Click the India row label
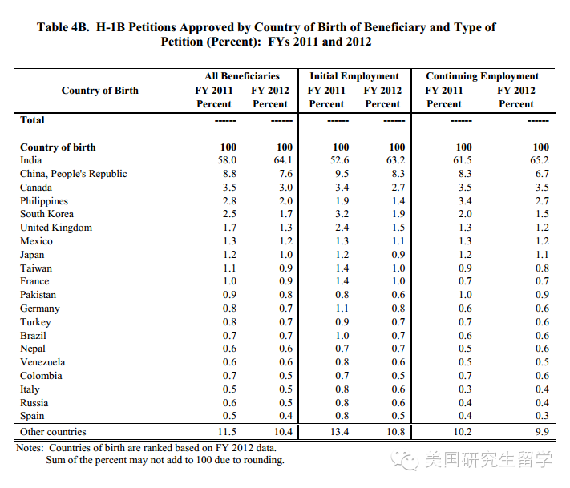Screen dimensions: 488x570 pos(31,160)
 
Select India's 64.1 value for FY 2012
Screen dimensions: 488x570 pos(282,160)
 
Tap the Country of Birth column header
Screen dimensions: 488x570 pos(100,91)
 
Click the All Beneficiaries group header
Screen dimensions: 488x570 pos(242,76)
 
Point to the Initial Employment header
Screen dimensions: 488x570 pos(354,76)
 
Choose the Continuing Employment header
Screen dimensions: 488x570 pos(483,76)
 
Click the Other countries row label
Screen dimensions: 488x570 pos(53,432)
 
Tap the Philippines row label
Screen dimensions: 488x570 pos(44,200)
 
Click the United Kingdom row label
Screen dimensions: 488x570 pos(56,228)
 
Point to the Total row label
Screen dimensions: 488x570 pos(33,120)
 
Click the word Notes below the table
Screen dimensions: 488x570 pos(30,448)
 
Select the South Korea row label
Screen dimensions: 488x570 pos(46,214)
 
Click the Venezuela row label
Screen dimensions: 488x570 pos(42,362)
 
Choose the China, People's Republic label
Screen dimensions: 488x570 pos(74,174)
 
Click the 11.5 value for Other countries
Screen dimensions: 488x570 pos(226,432)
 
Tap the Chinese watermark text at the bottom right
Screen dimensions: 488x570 pos(487,460)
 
